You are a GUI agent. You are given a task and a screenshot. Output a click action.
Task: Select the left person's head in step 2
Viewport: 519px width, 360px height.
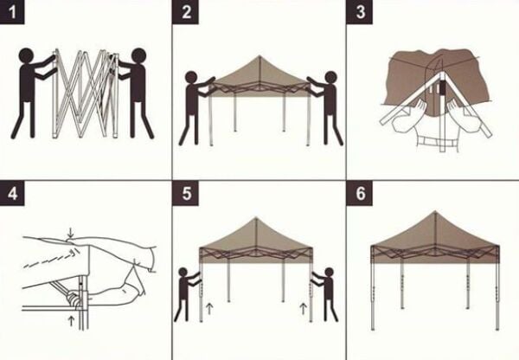click(x=191, y=79)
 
